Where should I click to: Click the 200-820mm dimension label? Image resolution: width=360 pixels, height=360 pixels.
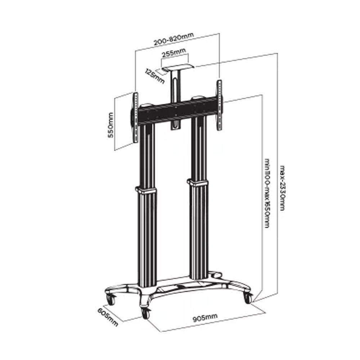click(174, 39)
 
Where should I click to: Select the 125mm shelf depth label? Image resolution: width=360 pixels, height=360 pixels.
click(155, 76)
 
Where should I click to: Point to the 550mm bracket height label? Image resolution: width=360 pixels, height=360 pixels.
click(111, 125)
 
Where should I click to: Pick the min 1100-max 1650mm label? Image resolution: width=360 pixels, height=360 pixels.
click(267, 193)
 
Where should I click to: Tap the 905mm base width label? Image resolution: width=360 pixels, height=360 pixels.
click(205, 318)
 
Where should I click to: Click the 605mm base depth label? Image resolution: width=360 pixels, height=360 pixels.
click(108, 317)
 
